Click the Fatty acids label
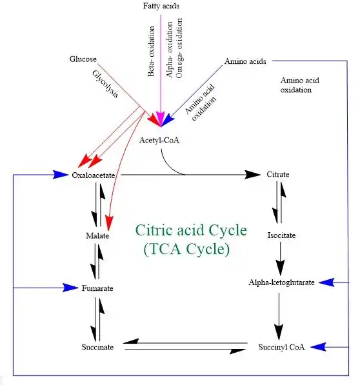coord(161,6)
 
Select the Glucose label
coord(83,59)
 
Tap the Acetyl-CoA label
coord(159,140)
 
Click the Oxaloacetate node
coord(94,175)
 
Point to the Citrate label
coord(278,174)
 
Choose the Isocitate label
coord(281,235)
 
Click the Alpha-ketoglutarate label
coord(281,282)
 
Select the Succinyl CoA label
coord(281,347)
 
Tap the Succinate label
coord(97,347)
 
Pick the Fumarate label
coord(97,288)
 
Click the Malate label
coord(97,236)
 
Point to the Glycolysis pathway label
coord(106,84)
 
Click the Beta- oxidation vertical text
coord(151,52)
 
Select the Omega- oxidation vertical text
coord(179,48)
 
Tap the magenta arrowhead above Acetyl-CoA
coord(161,119)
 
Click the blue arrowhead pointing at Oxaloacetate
coord(61,175)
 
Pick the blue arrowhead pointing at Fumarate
coord(70,288)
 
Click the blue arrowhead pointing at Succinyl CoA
coord(318,347)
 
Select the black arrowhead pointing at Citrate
coord(252,175)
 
